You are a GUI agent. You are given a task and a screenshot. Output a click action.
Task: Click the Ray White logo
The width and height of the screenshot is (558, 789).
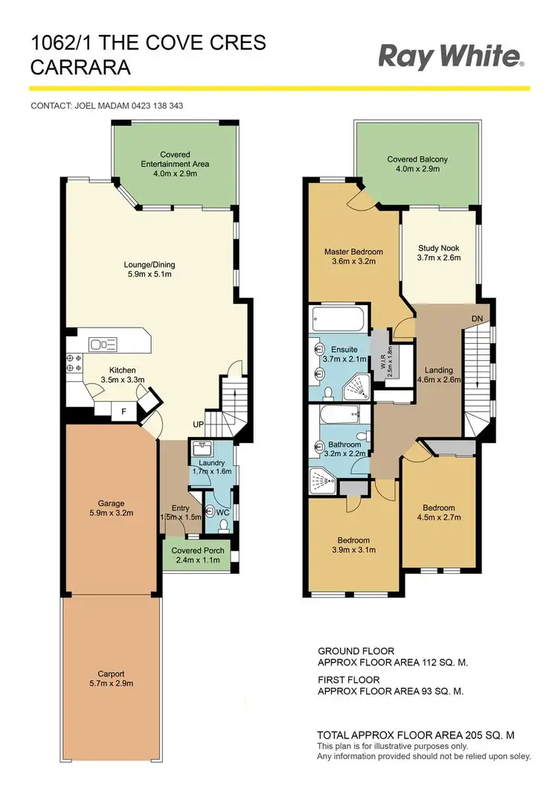click(x=452, y=57)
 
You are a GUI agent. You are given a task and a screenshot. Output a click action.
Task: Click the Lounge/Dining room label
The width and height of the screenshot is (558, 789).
click(x=150, y=264)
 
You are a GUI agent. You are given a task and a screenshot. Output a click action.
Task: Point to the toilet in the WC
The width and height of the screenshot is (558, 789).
click(x=209, y=511)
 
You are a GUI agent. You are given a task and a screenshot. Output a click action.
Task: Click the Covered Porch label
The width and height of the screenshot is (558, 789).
click(x=196, y=551)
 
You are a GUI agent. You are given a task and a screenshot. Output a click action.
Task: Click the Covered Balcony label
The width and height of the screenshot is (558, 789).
click(x=417, y=159)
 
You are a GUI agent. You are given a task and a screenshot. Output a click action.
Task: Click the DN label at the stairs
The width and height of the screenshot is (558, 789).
click(x=477, y=319)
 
